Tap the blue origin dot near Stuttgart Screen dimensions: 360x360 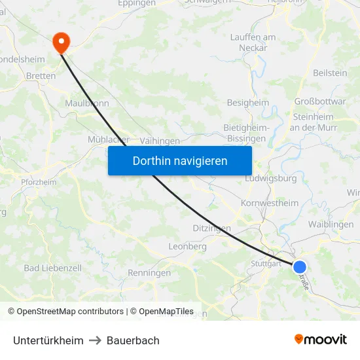(x=300, y=266)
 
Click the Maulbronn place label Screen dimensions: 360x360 (x=86, y=103)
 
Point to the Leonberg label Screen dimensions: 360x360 (x=187, y=247)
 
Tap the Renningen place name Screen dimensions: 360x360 (x=149, y=273)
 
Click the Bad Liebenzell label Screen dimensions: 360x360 (x=52, y=268)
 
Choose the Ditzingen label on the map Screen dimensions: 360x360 (x=212, y=228)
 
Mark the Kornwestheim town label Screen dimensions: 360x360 (x=270, y=203)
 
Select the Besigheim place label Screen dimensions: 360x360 (x=247, y=103)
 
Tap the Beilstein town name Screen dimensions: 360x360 (x=331, y=73)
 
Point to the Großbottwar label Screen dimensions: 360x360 (x=320, y=101)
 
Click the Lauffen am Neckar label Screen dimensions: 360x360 (x=253, y=43)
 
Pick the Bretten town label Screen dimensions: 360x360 (x=41, y=76)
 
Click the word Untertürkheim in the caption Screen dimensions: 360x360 (x=48, y=340)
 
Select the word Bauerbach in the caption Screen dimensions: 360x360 (x=133, y=340)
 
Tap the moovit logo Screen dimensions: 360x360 (x=321, y=340)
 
